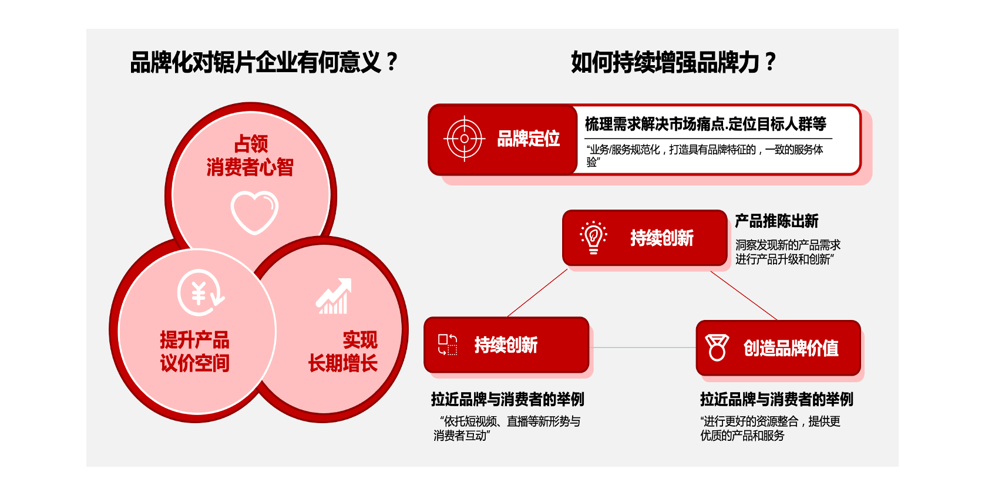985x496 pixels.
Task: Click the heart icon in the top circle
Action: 254,212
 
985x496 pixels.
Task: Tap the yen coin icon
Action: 200,292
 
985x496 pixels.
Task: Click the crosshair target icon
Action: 465,139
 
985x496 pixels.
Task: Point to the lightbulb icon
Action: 593,238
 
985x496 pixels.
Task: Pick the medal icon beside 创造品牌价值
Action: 717,347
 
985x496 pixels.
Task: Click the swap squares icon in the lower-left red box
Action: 448,345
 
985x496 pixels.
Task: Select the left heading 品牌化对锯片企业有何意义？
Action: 264,62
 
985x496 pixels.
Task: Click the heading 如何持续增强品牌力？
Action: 673,62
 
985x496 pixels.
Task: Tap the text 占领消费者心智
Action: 250,156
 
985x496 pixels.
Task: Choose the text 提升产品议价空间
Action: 194,352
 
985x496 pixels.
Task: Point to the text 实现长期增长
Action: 343,352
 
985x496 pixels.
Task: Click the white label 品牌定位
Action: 528,139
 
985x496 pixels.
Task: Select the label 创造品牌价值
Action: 791,348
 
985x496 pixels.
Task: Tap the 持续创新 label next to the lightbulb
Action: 662,238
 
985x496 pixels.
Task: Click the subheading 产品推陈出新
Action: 776,221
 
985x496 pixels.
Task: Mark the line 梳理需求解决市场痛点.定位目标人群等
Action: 705,124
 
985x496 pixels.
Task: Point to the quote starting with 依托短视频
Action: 507,428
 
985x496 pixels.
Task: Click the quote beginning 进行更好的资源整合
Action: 770,428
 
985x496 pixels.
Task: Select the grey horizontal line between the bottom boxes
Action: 643,347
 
